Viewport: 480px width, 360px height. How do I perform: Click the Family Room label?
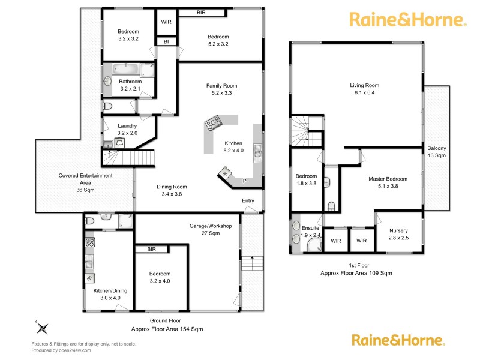[x=222, y=89]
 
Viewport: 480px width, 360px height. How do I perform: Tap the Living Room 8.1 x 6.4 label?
[x=365, y=89]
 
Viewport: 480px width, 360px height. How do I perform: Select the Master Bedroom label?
[x=388, y=182]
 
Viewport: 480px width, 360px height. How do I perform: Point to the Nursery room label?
[x=398, y=233]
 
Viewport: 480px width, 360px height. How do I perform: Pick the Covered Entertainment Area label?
[x=77, y=182]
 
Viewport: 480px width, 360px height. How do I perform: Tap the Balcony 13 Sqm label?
[x=436, y=152]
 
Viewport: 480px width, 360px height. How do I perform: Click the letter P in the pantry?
[x=244, y=181]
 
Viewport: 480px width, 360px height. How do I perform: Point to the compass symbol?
[x=41, y=328]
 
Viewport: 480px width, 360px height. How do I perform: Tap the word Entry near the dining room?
[x=248, y=200]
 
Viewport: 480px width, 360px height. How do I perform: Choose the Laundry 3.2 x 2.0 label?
[x=127, y=129]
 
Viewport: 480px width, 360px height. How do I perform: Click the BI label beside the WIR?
[x=166, y=41]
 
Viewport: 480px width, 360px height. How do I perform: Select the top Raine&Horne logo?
[x=407, y=19]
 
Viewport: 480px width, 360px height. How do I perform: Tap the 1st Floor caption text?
[x=356, y=265]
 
